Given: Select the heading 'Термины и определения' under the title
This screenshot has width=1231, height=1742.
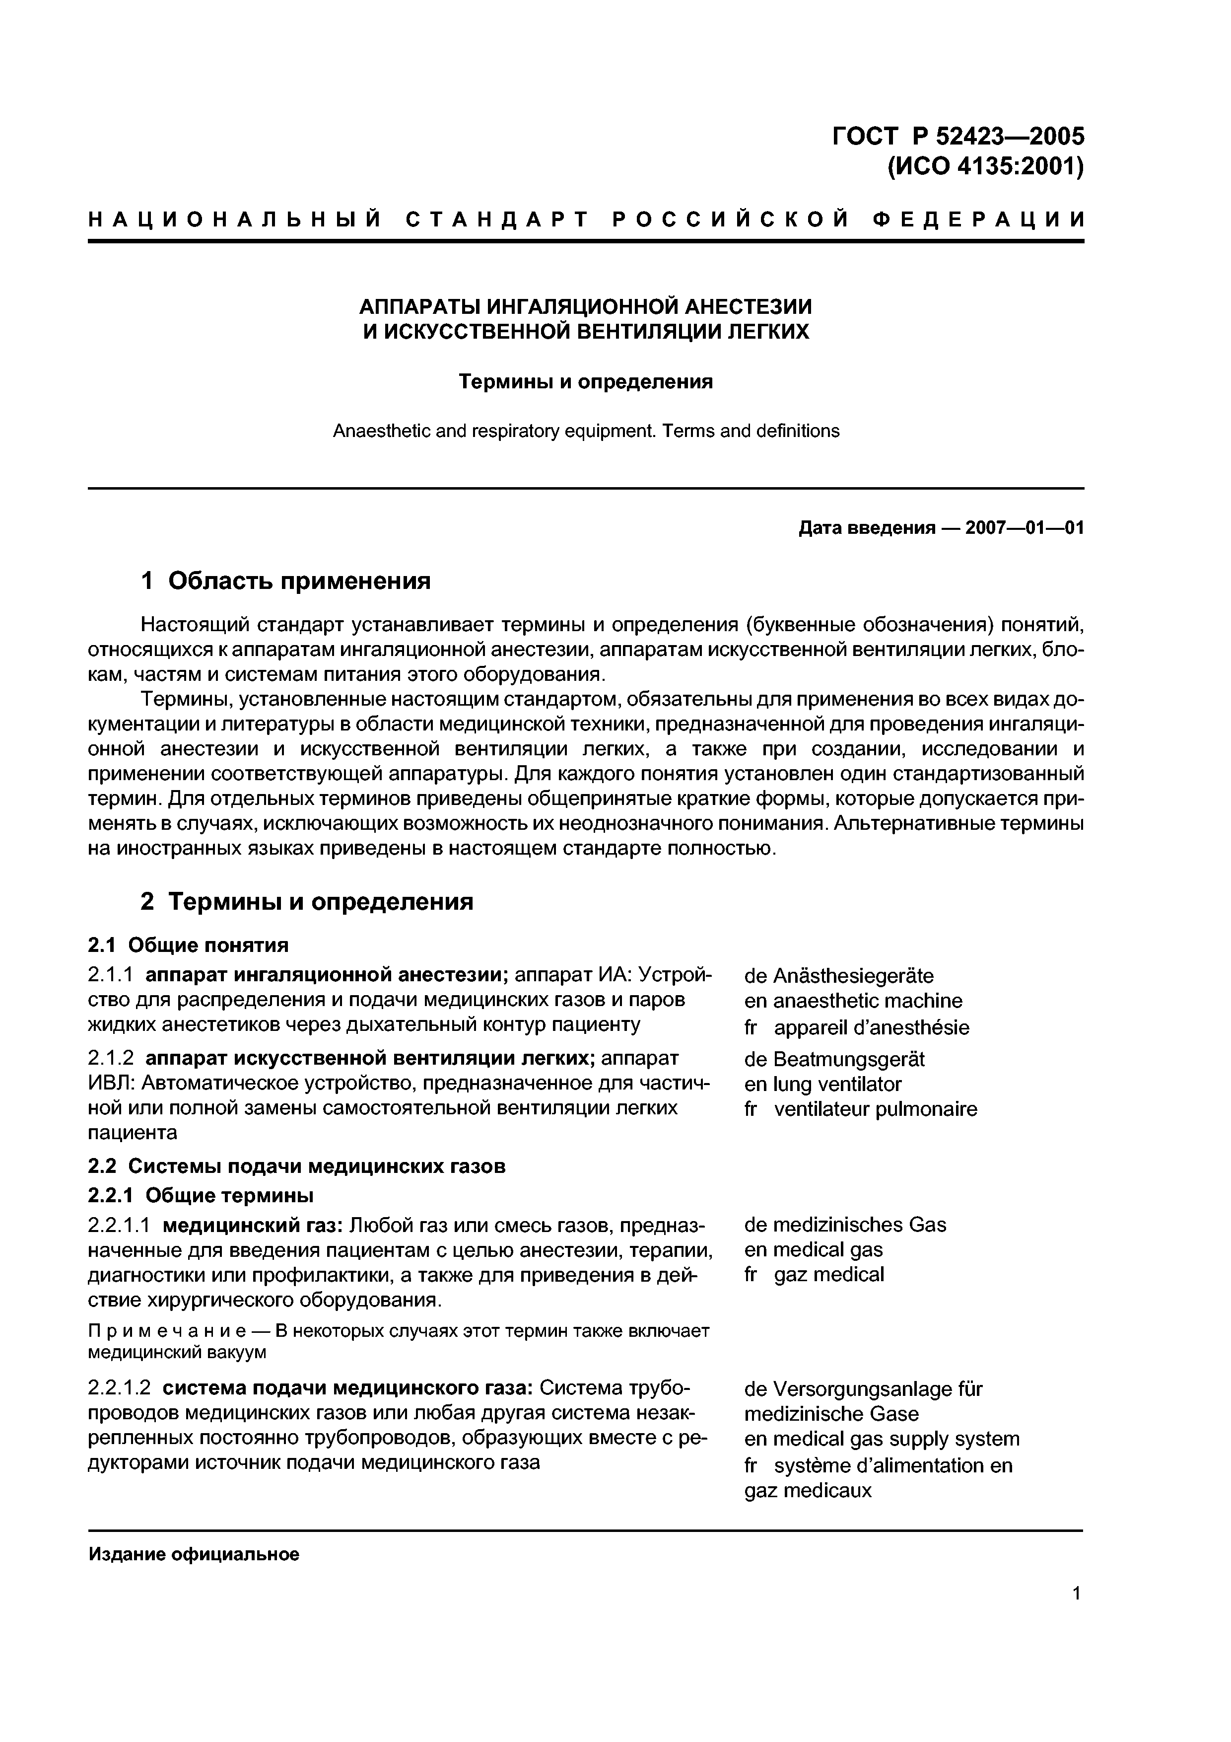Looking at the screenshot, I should pos(586,382).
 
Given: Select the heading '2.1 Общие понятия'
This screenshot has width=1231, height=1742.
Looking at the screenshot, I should pos(188,945).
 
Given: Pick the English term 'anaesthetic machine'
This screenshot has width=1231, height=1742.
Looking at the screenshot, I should pos(867,1001).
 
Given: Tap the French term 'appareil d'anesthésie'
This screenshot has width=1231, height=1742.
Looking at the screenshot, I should pos(871,1028).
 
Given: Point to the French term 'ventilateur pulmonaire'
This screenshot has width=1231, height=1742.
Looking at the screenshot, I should pos(875,1109).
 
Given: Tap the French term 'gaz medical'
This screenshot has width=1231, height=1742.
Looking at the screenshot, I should pos(828,1275).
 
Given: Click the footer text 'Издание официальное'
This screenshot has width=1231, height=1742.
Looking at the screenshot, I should pos(194,1555).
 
